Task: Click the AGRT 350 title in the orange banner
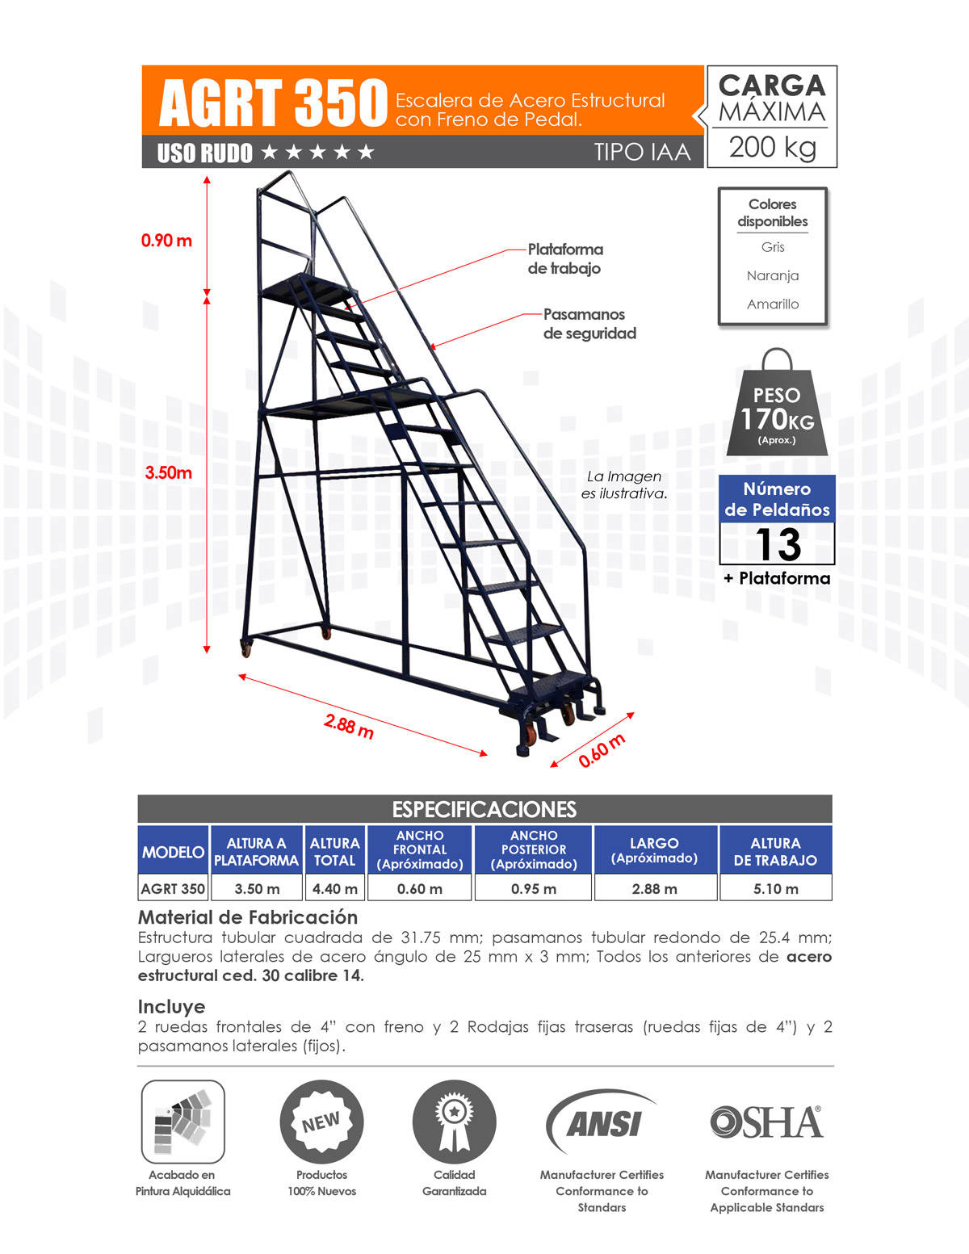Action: click(273, 103)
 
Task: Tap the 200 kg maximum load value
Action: click(772, 147)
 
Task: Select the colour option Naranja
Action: click(773, 275)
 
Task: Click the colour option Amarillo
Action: click(773, 304)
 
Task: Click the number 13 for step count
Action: click(778, 543)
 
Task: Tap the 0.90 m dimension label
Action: click(166, 240)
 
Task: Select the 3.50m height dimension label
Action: click(169, 472)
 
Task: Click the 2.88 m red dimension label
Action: click(349, 726)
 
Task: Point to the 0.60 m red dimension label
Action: click(602, 750)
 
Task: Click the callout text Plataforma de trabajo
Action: click(565, 258)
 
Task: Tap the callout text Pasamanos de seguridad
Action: click(589, 323)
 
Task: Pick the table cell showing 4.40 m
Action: click(334, 888)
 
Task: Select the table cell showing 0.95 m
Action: click(533, 888)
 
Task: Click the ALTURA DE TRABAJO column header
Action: click(774, 851)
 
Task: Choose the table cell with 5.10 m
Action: click(774, 888)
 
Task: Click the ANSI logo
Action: click(602, 1122)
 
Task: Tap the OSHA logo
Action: click(766, 1122)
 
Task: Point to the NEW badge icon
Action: click(321, 1122)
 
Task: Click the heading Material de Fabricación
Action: click(248, 916)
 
